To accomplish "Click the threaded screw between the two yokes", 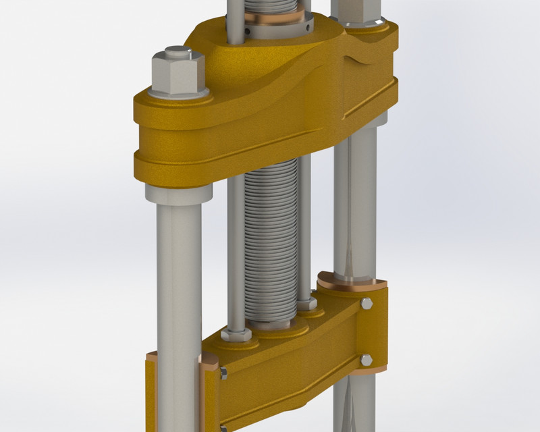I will point(269,243).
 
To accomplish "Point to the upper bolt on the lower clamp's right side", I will point(367,304).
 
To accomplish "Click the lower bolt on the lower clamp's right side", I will point(366,360).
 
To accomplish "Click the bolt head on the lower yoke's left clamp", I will point(222,373).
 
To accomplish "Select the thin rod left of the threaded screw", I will point(235,256).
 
